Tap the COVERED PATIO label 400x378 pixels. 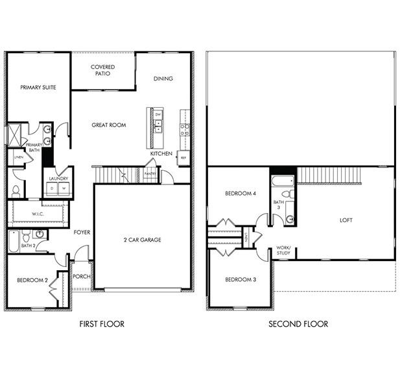click(x=103, y=70)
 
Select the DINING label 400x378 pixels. click(x=163, y=79)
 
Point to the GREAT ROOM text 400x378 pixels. click(x=108, y=125)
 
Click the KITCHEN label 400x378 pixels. click(x=161, y=154)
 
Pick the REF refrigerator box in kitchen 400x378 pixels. click(x=183, y=158)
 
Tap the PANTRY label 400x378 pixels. click(x=150, y=173)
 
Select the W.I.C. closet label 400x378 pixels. click(x=38, y=214)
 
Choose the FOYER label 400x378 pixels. click(x=82, y=232)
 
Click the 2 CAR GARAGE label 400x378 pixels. click(x=143, y=240)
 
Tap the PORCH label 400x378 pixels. click(x=82, y=276)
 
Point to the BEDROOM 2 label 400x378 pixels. click(x=33, y=280)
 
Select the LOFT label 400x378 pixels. click(x=346, y=220)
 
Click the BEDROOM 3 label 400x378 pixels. click(x=241, y=279)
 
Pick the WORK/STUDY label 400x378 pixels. click(x=283, y=249)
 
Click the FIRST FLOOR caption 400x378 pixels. click(x=102, y=323)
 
